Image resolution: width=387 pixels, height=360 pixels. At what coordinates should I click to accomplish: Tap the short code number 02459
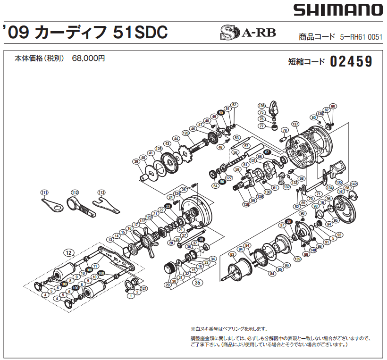(352, 61)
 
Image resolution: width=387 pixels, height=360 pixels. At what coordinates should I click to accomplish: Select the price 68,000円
(89, 59)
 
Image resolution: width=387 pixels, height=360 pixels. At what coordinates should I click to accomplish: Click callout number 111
(44, 193)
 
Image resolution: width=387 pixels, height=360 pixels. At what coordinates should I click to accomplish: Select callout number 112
(74, 193)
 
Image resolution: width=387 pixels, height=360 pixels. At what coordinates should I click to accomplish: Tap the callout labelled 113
(101, 193)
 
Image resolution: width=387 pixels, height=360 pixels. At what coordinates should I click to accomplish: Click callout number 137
(295, 124)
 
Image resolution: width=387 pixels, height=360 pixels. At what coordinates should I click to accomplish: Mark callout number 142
(354, 184)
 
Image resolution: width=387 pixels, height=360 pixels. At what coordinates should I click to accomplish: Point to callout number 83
(232, 255)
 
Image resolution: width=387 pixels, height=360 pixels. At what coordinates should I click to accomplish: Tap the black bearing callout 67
(267, 152)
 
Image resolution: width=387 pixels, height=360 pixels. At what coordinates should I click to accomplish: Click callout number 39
(136, 162)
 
